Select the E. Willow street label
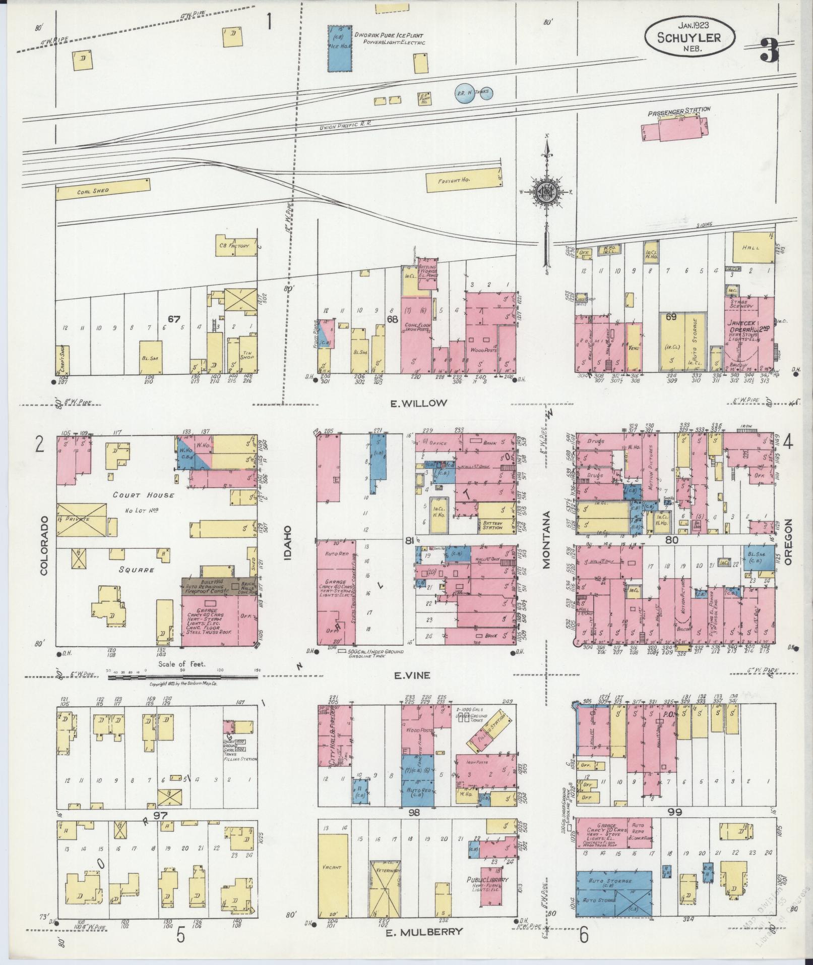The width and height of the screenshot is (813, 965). click(x=418, y=403)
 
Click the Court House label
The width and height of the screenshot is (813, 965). click(x=144, y=495)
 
